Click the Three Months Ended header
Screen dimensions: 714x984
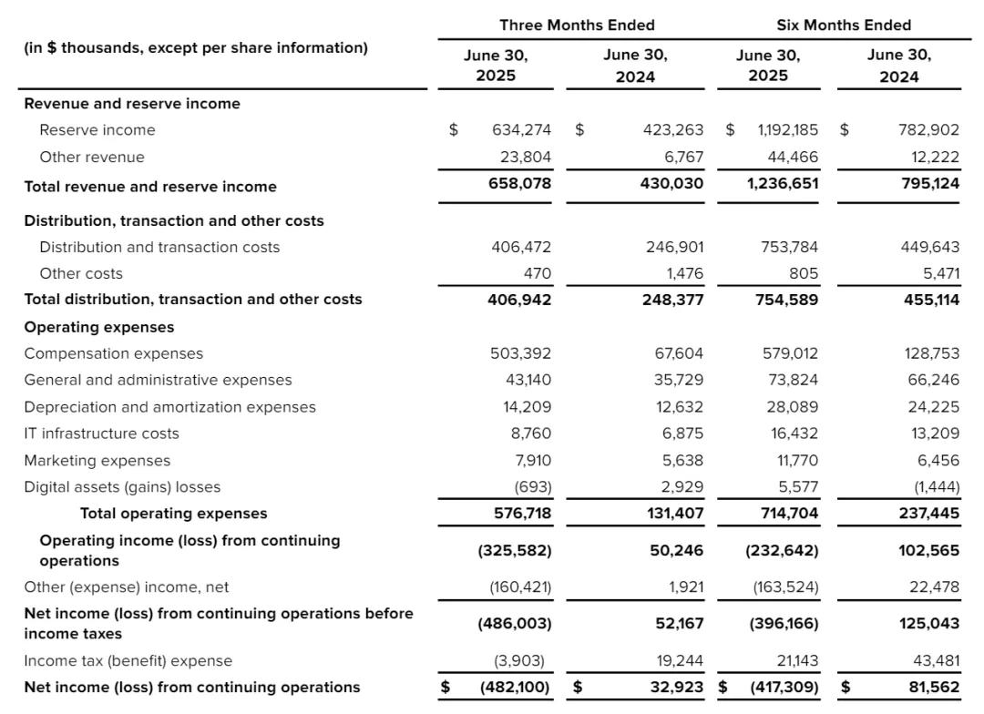click(577, 25)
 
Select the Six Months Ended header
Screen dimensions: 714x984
click(843, 25)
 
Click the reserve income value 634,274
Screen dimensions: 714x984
click(521, 130)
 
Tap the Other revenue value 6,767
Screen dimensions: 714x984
click(683, 157)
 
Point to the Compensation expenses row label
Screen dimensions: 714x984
click(114, 353)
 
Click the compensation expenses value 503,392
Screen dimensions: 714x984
click(520, 353)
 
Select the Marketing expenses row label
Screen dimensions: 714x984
click(97, 461)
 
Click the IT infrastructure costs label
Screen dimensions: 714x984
click(101, 433)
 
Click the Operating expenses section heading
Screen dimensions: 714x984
click(98, 327)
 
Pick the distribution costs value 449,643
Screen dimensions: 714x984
click(929, 247)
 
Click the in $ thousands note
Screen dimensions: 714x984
click(196, 47)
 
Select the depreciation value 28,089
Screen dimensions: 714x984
click(792, 407)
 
